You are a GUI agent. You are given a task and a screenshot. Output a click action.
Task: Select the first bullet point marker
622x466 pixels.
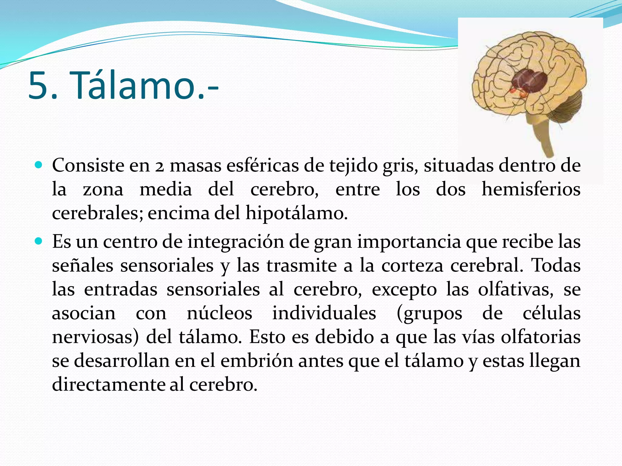pos(39,165)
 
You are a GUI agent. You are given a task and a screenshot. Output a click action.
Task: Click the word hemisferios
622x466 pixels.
pos(531,190)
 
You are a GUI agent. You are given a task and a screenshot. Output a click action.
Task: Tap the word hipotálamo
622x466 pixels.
pos(296,213)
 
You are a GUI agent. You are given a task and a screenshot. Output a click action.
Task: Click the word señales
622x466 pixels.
pos(82,266)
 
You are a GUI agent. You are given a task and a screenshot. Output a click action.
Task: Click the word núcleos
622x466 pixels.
pos(219,313)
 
